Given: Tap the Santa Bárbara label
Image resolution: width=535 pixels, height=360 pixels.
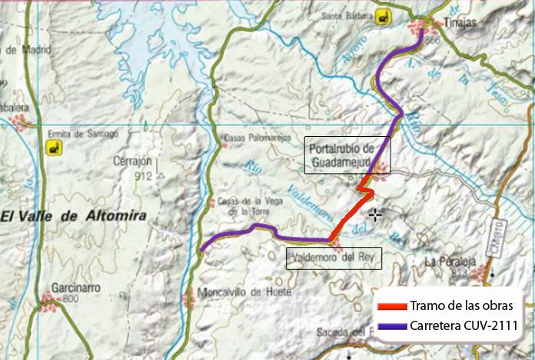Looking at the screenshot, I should point(342,15).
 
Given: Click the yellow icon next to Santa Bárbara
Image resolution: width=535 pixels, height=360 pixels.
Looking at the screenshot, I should point(384,15).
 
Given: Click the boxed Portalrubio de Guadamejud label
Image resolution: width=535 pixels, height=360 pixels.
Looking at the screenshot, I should point(347,155).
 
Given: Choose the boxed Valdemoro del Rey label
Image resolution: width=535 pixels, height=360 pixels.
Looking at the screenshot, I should point(334,258).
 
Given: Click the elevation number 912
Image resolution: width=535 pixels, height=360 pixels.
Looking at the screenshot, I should point(143,176).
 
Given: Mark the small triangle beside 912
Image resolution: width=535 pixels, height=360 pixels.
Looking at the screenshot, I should point(161,175).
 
